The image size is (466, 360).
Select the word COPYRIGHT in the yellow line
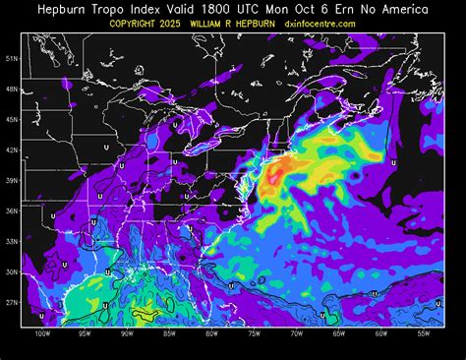139,23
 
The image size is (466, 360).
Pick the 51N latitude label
13,58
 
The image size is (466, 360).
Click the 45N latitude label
13,119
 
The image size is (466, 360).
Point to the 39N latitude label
13,181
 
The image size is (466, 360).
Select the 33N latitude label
13,242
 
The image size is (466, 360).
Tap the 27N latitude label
13,303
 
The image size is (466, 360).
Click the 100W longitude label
41,333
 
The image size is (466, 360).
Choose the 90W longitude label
127,333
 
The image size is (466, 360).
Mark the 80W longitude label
211,333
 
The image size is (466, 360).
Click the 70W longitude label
296,333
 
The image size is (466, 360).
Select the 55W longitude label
423,333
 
